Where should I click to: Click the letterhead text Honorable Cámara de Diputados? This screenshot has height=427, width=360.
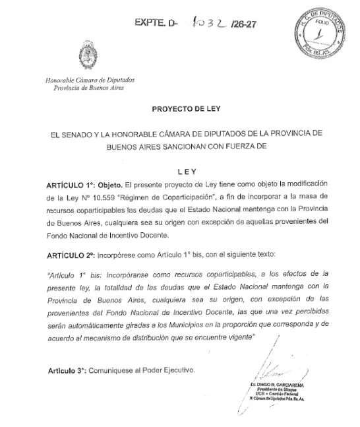84,81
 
